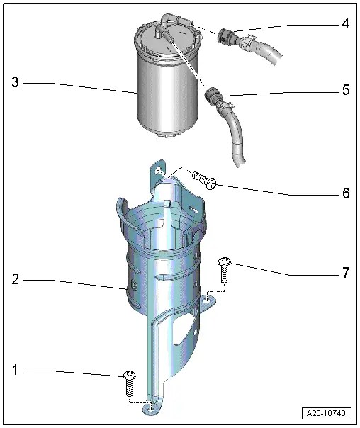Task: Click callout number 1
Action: (x=16, y=370)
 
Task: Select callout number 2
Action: (x=16, y=280)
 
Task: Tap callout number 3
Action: (x=16, y=83)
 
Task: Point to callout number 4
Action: (x=345, y=24)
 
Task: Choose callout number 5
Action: (x=345, y=89)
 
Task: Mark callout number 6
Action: (x=345, y=193)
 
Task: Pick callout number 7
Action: (x=345, y=273)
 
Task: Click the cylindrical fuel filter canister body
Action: (x=159, y=92)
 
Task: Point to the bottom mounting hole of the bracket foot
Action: (x=151, y=407)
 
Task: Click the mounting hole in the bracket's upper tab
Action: (x=159, y=171)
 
